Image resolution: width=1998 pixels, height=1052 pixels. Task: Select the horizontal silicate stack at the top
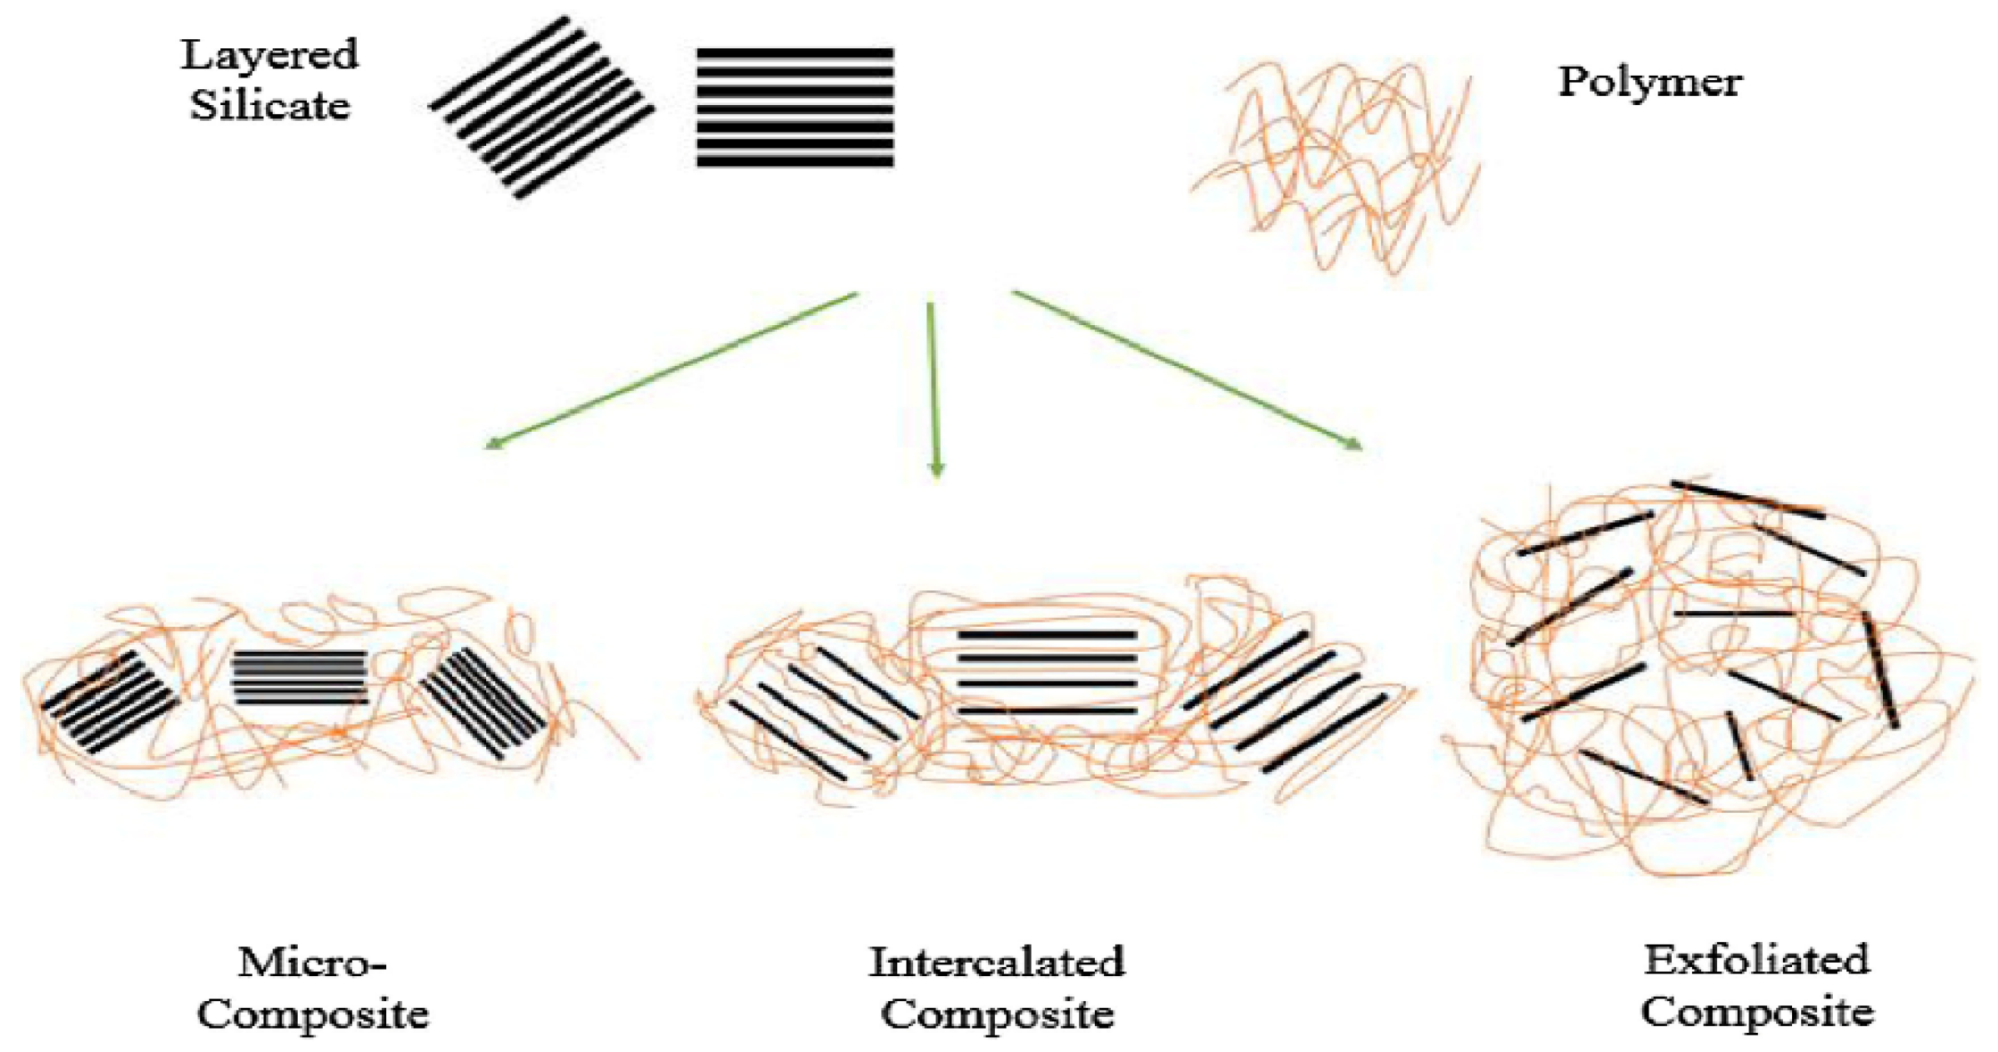point(795,108)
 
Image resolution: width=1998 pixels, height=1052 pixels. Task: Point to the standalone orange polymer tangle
point(1334,167)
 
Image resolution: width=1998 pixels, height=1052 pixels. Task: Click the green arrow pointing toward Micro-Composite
point(671,370)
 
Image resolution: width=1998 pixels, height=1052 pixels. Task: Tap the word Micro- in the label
point(313,964)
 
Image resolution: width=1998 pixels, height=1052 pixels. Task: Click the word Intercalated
point(996,963)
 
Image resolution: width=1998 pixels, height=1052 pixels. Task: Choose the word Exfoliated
point(1756,960)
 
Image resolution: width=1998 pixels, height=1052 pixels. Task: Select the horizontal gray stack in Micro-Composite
point(299,678)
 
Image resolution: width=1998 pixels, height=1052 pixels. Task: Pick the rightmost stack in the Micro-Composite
point(484,702)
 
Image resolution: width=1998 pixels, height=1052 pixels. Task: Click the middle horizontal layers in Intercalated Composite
point(1047,672)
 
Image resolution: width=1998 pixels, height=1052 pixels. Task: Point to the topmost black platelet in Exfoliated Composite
point(1748,499)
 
